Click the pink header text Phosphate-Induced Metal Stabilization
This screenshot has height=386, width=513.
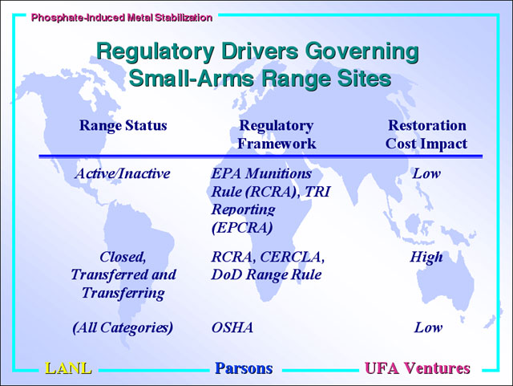(x=122, y=18)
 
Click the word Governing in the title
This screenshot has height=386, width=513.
(x=362, y=52)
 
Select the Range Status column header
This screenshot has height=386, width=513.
(x=123, y=125)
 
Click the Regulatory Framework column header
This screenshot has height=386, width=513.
(x=277, y=135)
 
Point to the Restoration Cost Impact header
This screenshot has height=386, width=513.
(x=426, y=135)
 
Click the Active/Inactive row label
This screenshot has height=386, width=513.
(x=123, y=173)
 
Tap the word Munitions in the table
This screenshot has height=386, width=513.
(x=279, y=173)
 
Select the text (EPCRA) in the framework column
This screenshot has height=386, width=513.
(x=242, y=227)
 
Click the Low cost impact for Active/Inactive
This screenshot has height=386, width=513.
(x=426, y=173)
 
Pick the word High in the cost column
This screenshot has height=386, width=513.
(x=426, y=258)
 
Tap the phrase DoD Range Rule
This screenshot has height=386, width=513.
(x=266, y=274)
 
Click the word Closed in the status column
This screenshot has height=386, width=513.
(x=123, y=258)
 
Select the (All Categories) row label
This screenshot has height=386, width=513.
(x=123, y=327)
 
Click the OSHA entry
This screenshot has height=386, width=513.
(x=232, y=327)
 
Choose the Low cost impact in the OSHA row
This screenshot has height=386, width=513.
(x=428, y=327)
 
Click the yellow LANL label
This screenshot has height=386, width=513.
(x=68, y=368)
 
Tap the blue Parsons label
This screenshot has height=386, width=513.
(x=244, y=368)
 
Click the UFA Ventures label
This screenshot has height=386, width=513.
(x=418, y=368)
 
